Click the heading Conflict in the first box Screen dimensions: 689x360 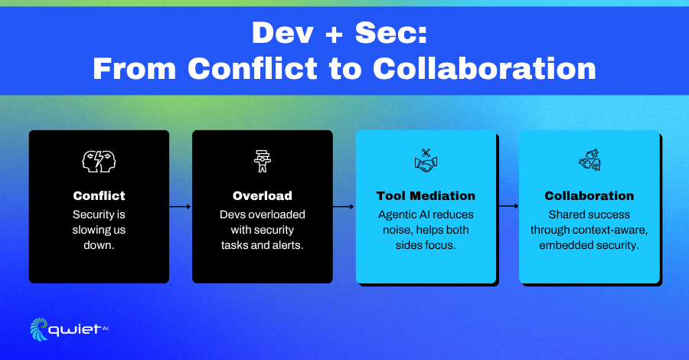point(99,195)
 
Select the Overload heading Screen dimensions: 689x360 point(263,195)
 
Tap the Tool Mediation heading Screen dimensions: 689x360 point(426,195)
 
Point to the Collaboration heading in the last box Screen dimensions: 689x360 point(589,195)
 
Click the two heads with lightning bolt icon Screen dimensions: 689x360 point(99,162)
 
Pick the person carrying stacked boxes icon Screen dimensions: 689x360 point(263,162)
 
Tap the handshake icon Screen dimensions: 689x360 point(426,161)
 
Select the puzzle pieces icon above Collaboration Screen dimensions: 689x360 point(589,159)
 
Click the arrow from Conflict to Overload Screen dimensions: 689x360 point(180,207)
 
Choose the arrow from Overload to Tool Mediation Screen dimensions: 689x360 point(344,207)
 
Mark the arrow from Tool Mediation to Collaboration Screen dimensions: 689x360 point(508,206)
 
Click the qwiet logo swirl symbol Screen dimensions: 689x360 point(39,329)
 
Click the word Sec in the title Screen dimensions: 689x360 point(391,34)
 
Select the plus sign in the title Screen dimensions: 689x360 point(335,34)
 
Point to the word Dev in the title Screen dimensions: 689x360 point(282,34)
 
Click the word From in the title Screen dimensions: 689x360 point(135,69)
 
